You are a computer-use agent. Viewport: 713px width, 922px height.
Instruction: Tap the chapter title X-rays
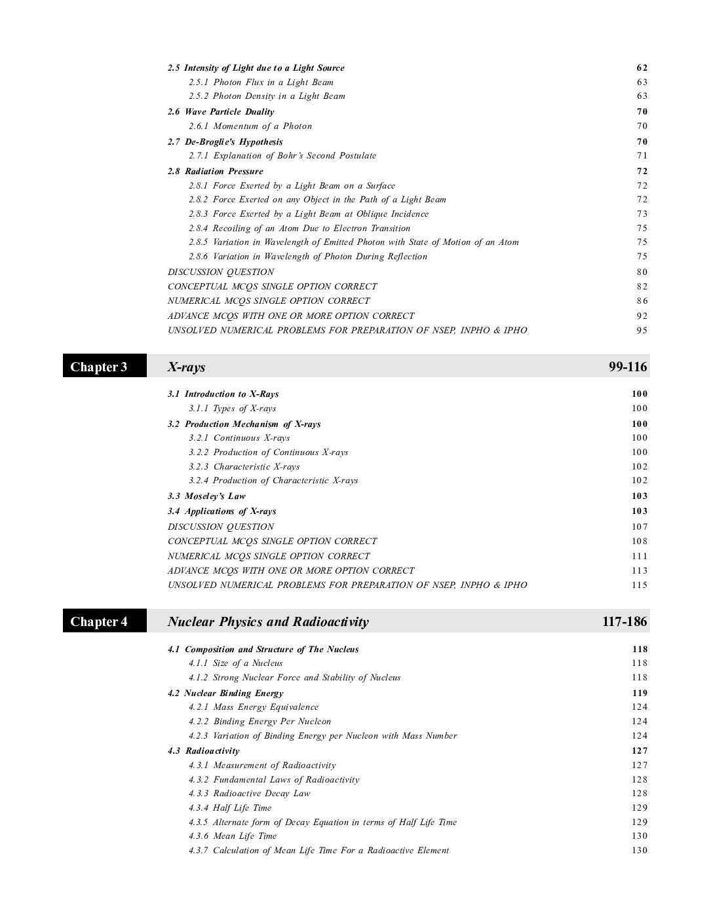point(187,367)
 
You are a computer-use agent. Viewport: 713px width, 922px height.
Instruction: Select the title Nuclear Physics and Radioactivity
point(268,621)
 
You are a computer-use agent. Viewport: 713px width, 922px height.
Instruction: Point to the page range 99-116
point(627,367)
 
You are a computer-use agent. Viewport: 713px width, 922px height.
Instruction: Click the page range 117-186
point(624,621)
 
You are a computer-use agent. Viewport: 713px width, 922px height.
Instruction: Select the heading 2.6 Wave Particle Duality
point(221,111)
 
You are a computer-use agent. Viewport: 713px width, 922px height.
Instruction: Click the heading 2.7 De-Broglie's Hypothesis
point(225,141)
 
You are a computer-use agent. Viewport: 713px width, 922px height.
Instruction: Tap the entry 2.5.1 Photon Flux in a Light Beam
point(261,82)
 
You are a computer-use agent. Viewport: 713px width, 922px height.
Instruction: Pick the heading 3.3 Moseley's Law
point(206,496)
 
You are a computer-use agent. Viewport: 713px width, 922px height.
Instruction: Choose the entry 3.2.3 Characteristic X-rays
point(244,466)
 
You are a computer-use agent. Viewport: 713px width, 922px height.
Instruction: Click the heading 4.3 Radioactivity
point(203,750)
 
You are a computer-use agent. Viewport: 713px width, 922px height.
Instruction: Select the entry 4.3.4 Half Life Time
point(230,807)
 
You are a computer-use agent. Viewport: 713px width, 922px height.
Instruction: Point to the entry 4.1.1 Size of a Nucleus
point(236,663)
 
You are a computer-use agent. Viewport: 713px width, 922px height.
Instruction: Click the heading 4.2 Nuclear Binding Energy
point(225,693)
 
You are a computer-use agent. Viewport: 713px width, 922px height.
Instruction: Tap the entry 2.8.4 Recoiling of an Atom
point(299,228)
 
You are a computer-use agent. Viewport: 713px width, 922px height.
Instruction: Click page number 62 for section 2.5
point(642,67)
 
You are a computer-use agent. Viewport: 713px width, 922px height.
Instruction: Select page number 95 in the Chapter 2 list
point(642,330)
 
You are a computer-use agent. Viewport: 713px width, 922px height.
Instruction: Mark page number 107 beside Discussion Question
point(640,526)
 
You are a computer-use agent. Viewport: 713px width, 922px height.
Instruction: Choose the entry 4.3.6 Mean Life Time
point(233,836)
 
